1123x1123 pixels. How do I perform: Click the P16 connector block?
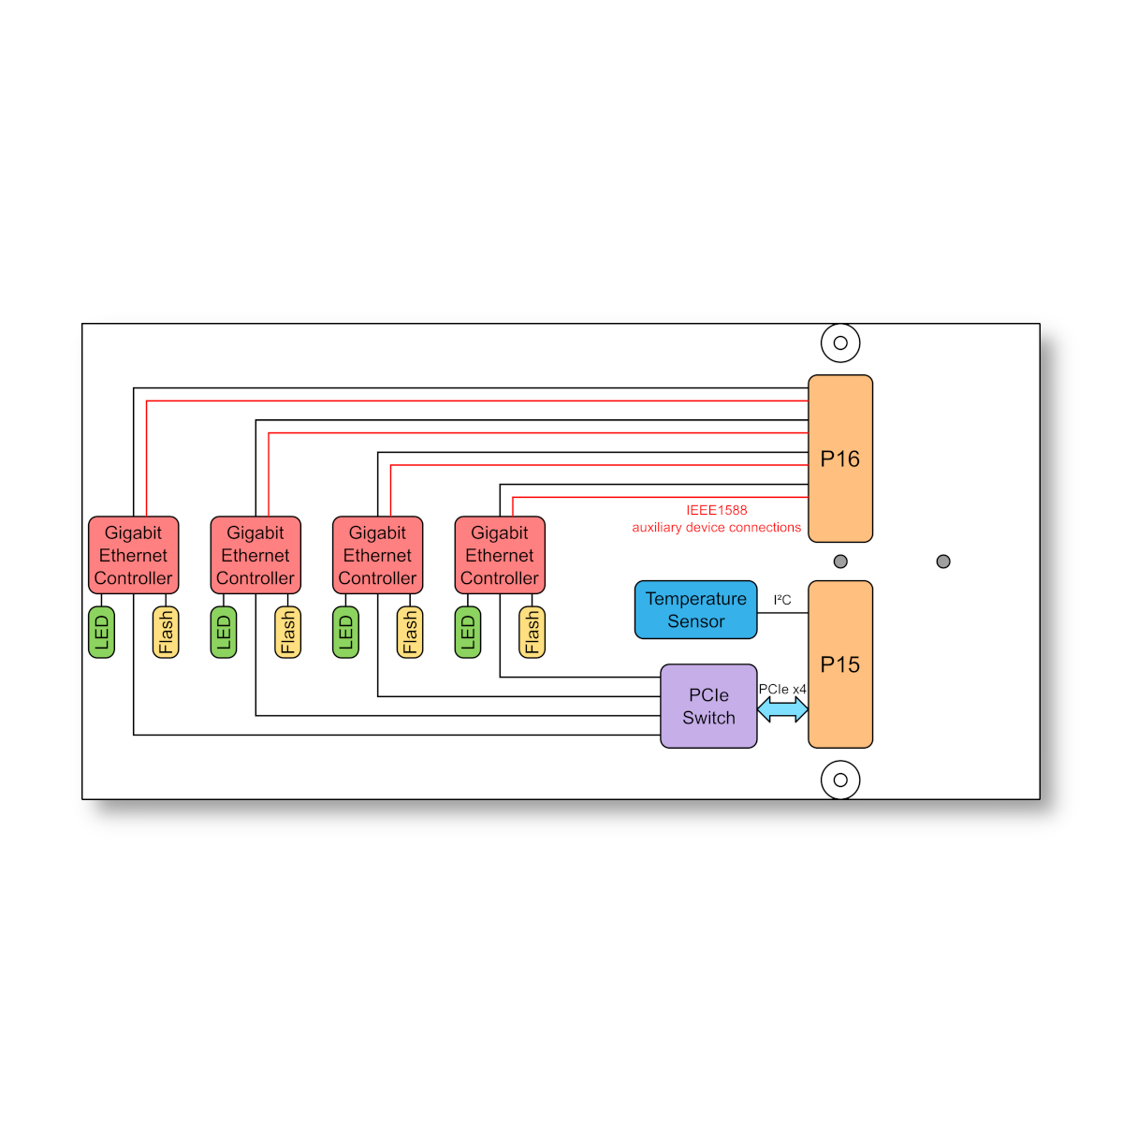(x=839, y=458)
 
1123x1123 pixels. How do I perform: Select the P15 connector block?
(x=839, y=664)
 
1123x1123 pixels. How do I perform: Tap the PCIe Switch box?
(x=708, y=706)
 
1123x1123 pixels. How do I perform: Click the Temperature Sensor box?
(x=695, y=609)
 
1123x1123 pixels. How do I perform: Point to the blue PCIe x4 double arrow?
(x=782, y=709)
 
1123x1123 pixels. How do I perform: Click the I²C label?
(x=782, y=600)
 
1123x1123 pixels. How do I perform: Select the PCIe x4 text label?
(x=782, y=689)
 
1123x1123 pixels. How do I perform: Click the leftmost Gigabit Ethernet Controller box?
(x=134, y=555)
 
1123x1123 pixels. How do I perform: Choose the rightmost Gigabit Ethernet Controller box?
(x=500, y=555)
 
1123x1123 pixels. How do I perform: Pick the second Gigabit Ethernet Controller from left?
(x=255, y=555)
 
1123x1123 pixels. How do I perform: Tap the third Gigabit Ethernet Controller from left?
(x=378, y=555)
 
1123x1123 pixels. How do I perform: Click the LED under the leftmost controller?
(x=101, y=633)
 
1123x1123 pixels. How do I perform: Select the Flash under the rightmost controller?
(x=532, y=633)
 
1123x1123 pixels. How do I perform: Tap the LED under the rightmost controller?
(x=467, y=633)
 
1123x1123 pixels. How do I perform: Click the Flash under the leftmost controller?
(x=166, y=633)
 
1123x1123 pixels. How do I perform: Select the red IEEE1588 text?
(x=716, y=510)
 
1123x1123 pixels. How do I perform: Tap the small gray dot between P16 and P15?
(x=839, y=561)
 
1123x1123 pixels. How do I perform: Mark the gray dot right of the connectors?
(x=943, y=561)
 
